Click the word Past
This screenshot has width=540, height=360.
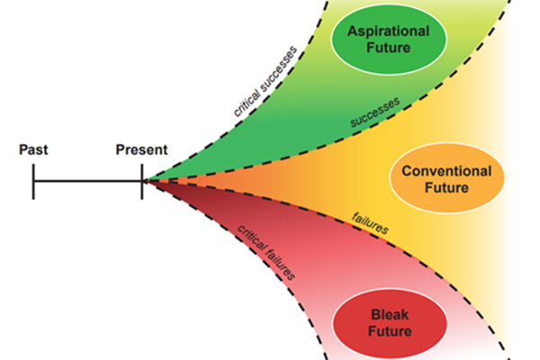pos(33,148)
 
